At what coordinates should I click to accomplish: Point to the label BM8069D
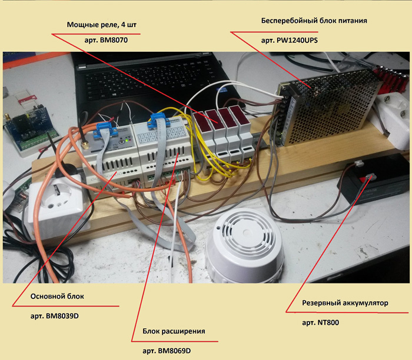click(x=167, y=351)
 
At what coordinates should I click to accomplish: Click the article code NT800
click(x=320, y=322)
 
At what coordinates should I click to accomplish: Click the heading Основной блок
click(x=57, y=296)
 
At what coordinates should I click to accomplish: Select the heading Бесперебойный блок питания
click(x=314, y=20)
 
